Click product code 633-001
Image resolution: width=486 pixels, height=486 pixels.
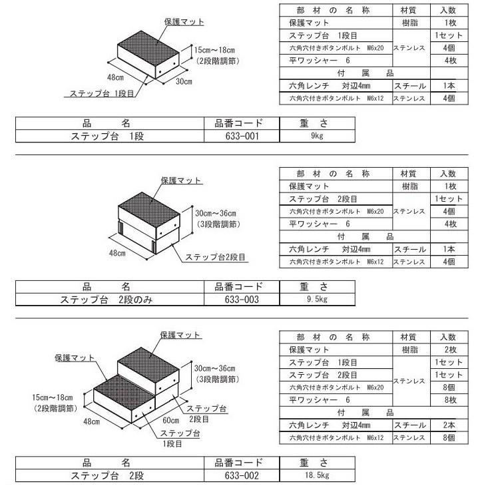[x=242, y=136]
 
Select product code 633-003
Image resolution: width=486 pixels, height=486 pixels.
[x=242, y=300]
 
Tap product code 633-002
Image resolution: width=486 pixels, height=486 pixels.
[x=242, y=475]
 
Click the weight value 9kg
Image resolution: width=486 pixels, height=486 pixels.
[x=317, y=136]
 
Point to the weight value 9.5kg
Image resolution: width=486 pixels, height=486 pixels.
[x=317, y=299]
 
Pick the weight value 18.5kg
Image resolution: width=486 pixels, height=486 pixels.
[x=317, y=475]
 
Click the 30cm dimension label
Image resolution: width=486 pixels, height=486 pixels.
[x=184, y=81]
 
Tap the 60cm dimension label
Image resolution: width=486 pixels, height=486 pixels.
[x=171, y=420]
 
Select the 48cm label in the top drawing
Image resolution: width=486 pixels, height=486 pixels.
[x=115, y=77]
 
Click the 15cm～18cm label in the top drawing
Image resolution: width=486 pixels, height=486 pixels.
[x=214, y=50]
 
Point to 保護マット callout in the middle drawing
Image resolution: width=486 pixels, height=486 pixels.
[x=181, y=180]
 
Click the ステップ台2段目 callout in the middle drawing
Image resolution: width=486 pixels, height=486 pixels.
[x=215, y=257]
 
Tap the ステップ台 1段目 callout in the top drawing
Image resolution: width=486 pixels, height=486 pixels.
[x=102, y=93]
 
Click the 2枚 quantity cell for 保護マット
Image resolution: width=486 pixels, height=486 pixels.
[x=450, y=350]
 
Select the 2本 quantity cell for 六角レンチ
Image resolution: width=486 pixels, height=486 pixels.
[x=449, y=425]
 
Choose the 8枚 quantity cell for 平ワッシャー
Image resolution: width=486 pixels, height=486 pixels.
[x=450, y=400]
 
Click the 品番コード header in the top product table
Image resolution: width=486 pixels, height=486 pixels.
[x=238, y=123]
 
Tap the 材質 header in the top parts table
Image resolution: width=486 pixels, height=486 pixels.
[x=408, y=10]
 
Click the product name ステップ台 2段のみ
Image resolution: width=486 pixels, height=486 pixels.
[x=107, y=300]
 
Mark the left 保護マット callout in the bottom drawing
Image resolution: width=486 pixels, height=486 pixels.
[x=75, y=358]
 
